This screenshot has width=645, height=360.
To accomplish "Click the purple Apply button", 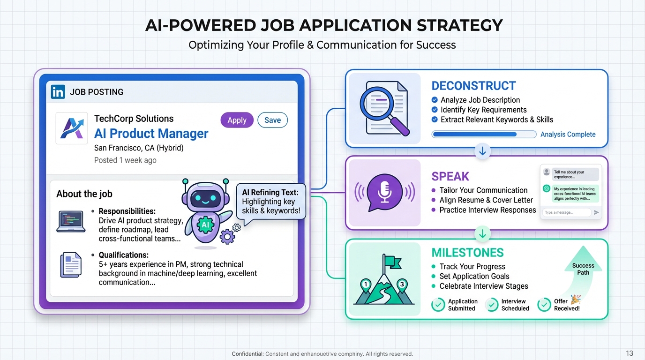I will [237, 120].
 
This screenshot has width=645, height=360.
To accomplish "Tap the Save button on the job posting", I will [272, 120].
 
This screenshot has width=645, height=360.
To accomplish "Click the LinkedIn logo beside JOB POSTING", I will [58, 92].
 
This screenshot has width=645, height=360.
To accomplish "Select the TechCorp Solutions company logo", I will [71, 128].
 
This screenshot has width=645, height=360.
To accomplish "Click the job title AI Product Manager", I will [151, 134].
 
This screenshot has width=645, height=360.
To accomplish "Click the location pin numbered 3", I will [401, 284].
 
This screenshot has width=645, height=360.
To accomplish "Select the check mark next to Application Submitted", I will [438, 305].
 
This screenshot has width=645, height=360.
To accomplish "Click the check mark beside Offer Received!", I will [544, 305].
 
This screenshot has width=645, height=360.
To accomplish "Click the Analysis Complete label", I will [568, 135].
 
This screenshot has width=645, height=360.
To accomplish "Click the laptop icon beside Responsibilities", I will [71, 221].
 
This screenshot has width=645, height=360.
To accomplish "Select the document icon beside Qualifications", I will [71, 265].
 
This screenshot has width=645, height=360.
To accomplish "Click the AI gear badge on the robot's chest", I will [205, 225].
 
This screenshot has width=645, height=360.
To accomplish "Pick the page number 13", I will [630, 353].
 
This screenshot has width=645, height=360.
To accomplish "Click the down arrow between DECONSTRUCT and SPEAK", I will [482, 151].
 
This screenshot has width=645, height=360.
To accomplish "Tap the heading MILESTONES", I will [467, 253].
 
